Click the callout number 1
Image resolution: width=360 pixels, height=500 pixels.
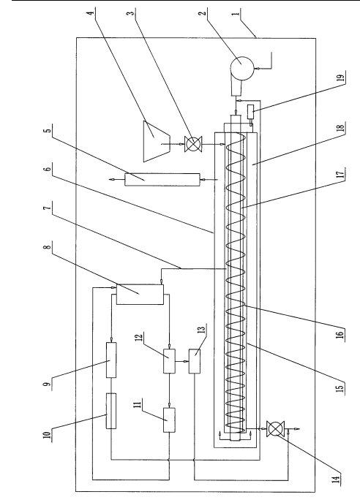236,14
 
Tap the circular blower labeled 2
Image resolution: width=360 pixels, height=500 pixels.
242,67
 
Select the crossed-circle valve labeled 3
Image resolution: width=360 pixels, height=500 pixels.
193,144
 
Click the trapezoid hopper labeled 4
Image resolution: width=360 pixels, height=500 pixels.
157,141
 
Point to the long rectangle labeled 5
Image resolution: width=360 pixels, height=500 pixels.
162,180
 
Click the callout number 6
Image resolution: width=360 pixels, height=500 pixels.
48,167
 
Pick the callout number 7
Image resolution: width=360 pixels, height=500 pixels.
48,208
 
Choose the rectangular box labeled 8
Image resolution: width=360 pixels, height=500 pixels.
140,294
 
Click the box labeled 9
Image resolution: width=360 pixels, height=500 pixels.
111,360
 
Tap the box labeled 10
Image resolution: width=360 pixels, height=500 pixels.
111,411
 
